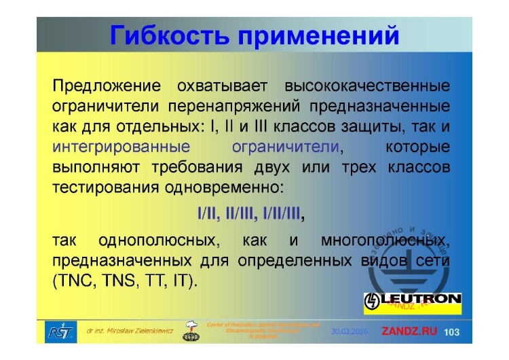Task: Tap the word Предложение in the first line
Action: [x=107, y=87]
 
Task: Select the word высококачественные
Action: [x=367, y=87]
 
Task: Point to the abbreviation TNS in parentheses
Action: [x=115, y=281]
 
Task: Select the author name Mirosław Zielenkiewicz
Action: [x=130, y=331]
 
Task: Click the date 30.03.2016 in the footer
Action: [x=349, y=331]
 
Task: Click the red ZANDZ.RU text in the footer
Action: [x=411, y=331]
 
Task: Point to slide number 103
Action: [x=452, y=331]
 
